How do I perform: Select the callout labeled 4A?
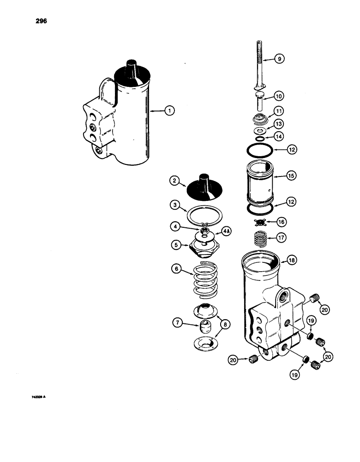point(227,231)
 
